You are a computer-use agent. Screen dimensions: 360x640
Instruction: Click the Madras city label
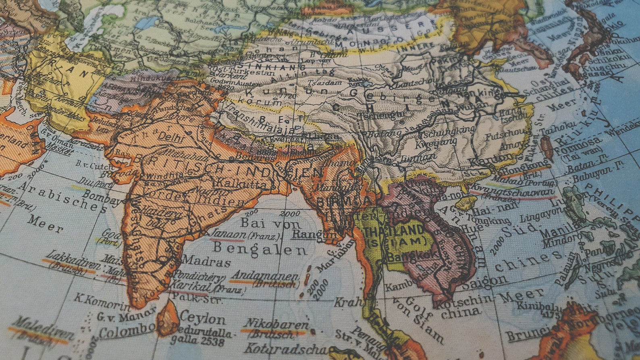[207, 262]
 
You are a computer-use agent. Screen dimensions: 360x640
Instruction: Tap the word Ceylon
[203, 318]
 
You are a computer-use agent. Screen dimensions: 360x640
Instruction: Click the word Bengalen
[260, 249]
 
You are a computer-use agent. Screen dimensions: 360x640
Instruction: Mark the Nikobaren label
[276, 323]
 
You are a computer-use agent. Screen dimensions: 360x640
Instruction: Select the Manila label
[560, 232]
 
